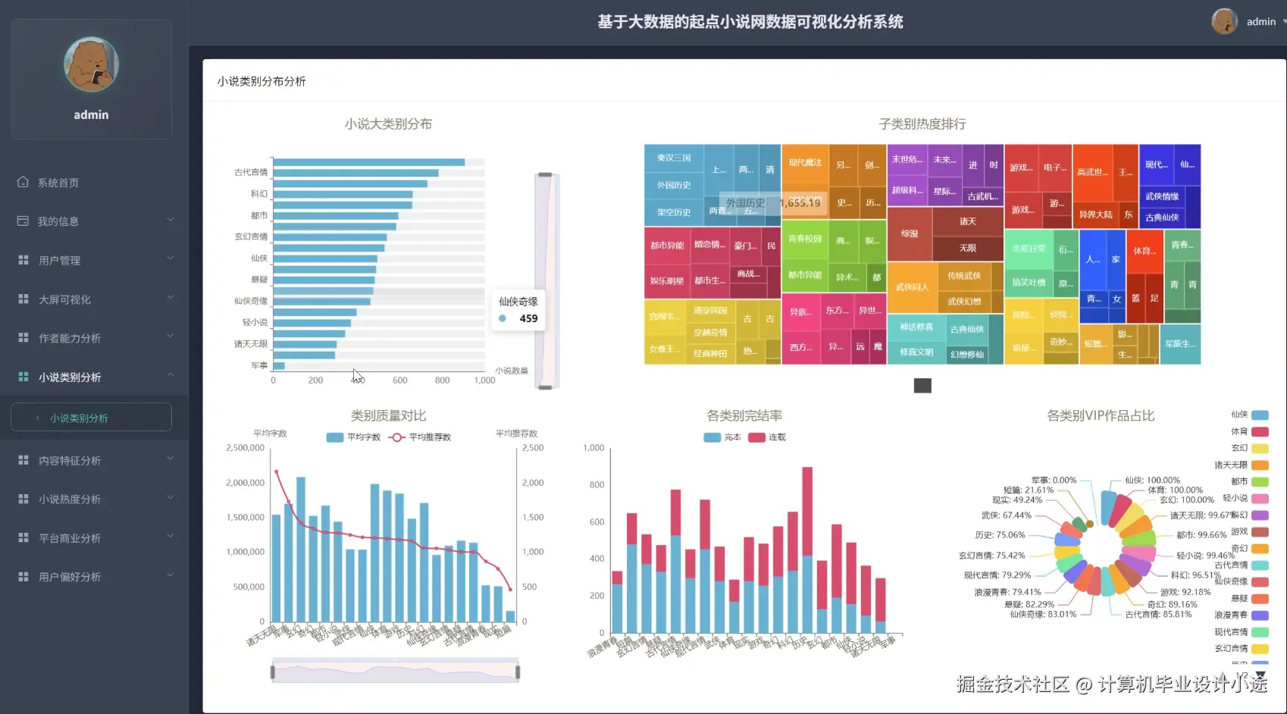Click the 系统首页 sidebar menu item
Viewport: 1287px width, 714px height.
point(58,183)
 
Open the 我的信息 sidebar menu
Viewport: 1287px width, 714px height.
point(58,221)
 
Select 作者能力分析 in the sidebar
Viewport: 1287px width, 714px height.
point(70,338)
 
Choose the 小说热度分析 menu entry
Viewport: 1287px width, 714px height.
point(70,499)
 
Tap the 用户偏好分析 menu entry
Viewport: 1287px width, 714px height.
point(70,577)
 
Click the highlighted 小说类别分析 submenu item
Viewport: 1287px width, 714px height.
point(79,418)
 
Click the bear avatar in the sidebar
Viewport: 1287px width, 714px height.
point(91,65)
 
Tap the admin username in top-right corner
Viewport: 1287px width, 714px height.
point(1260,22)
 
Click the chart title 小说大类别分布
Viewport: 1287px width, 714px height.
point(388,124)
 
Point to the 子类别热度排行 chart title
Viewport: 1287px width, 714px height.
point(922,124)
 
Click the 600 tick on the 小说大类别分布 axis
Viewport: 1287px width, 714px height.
point(400,380)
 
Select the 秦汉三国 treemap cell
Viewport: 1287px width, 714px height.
point(673,158)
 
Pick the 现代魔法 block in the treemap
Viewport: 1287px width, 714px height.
point(804,163)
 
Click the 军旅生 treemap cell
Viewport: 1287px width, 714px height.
point(1180,344)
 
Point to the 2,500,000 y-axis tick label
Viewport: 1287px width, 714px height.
point(245,448)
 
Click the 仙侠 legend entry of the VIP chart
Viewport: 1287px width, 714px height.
point(1250,415)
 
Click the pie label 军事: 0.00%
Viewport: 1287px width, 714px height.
point(1054,480)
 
